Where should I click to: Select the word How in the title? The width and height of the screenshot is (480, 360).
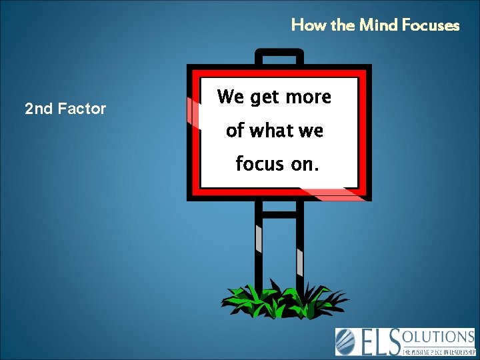point(306,25)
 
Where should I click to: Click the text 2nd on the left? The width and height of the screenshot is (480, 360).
point(37,108)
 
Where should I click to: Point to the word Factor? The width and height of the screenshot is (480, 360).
point(81,108)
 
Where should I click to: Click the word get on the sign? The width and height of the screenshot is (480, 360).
point(264,98)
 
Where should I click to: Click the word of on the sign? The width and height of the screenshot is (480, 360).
point(235,131)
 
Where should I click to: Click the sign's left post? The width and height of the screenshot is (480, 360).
point(259,247)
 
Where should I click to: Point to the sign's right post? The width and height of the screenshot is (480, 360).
point(300,247)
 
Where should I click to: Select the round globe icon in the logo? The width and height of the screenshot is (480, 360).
point(346,341)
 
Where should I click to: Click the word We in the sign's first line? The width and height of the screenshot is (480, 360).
point(230,97)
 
